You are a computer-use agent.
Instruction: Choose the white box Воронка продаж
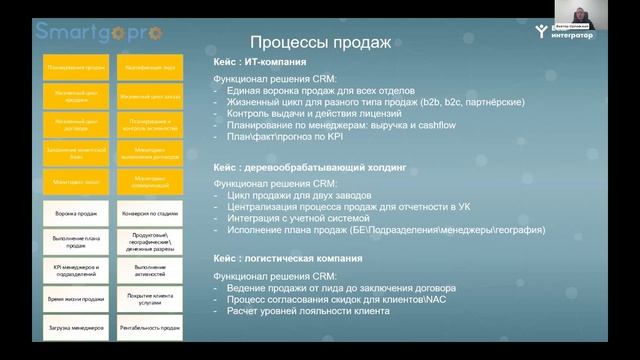pos(74,213)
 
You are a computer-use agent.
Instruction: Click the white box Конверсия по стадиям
pos(149,213)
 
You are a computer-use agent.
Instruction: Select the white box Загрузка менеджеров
pos(74,328)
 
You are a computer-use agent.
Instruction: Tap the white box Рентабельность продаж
pos(149,328)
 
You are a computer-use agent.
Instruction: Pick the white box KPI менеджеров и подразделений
pos(74,270)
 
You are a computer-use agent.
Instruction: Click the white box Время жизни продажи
pos(74,299)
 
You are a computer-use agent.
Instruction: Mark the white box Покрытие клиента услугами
pos(149,299)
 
